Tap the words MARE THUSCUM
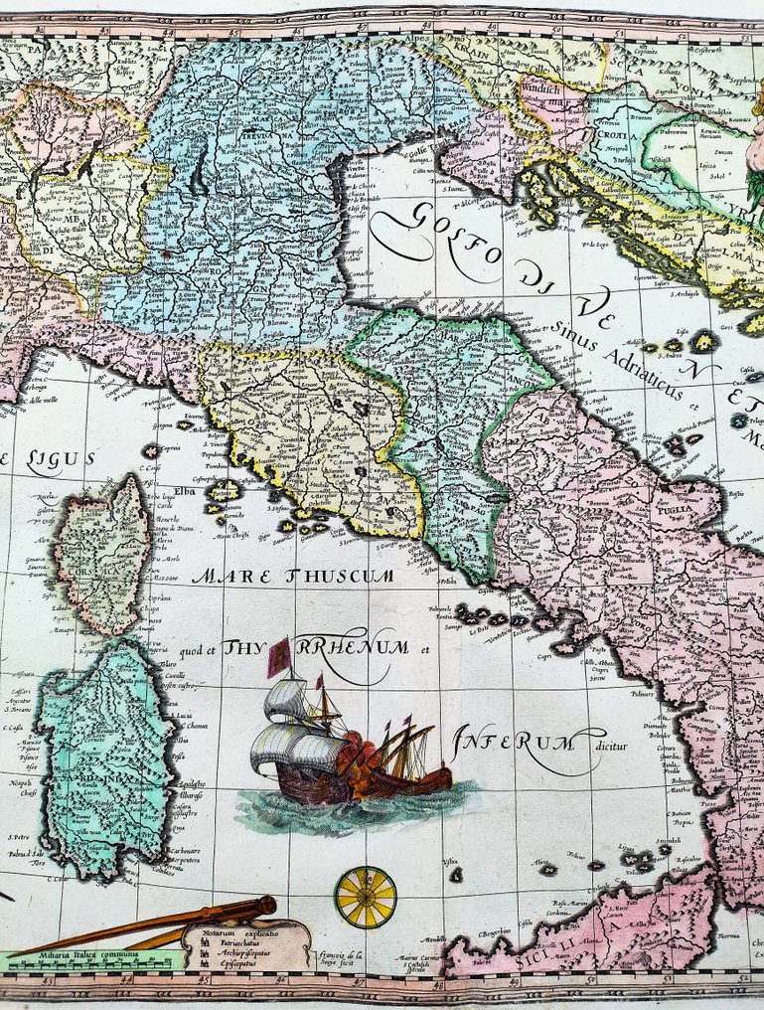pos(293,576)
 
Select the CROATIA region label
pos(609,133)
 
